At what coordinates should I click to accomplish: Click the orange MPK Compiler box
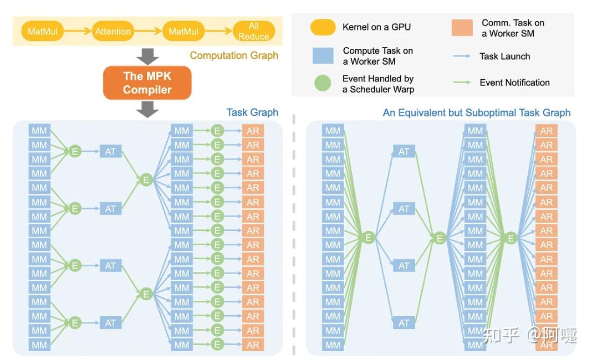pos(147,83)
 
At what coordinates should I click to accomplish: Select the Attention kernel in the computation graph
pos(113,32)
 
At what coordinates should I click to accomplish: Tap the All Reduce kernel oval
pos(253,31)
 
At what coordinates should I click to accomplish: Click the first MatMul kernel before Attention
pos(43,32)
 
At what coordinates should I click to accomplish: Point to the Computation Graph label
pos(234,55)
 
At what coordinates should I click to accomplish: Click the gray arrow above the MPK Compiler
pos(147,56)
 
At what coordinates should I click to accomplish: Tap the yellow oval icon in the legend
pos(323,27)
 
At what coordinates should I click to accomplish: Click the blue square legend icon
pos(323,56)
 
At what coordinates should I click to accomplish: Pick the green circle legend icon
pos(323,84)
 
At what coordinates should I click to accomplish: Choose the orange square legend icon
pos(462,28)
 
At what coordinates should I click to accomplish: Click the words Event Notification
pos(514,83)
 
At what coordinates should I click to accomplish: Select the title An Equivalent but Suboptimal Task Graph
pos(476,112)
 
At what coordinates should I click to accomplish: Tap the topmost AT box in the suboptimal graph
pos(404,152)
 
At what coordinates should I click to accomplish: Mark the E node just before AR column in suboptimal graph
pos(511,238)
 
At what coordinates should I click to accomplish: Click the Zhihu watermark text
pos(529,335)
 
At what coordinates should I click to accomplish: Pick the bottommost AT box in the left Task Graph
pos(110,323)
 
